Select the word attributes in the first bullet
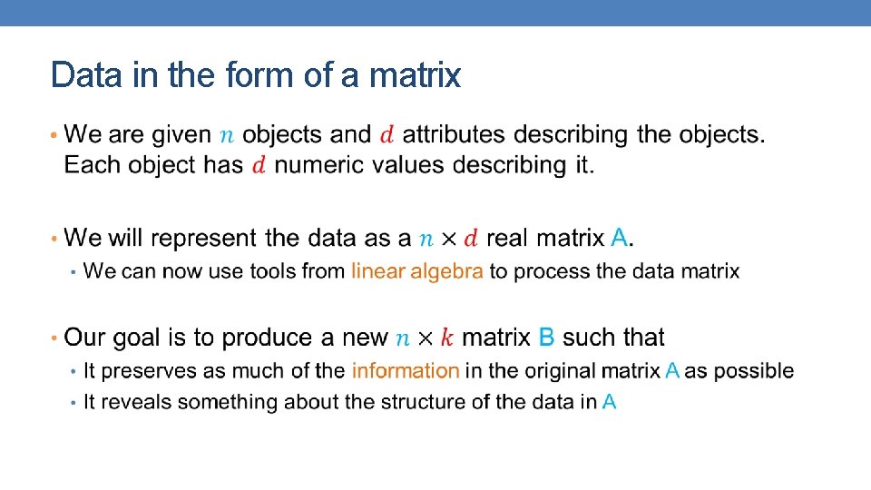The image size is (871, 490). [x=454, y=135]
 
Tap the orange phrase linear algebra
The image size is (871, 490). [x=417, y=271]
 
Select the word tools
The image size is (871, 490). [x=250, y=271]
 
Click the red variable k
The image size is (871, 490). [x=445, y=338]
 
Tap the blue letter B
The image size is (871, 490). [x=546, y=338]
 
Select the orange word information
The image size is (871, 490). [x=406, y=371]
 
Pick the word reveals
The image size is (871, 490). [x=132, y=402]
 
